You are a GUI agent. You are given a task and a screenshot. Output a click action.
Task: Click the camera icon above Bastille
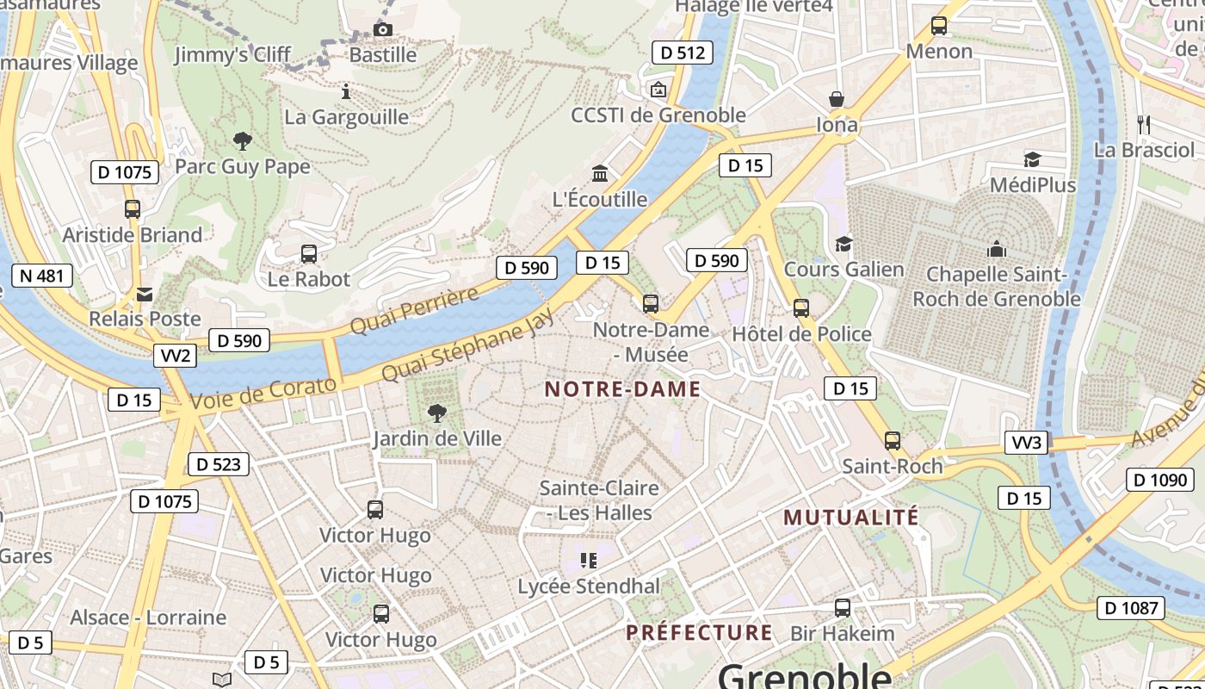tap(383, 30)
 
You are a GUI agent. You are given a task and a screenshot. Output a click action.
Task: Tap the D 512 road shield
tap(683, 53)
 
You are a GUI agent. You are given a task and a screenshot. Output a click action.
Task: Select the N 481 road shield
tap(41, 276)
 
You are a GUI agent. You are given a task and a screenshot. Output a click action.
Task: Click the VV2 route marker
tap(175, 356)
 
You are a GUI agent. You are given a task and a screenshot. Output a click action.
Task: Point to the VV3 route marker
tap(1027, 443)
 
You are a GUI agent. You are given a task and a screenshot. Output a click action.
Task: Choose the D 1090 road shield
tap(1159, 480)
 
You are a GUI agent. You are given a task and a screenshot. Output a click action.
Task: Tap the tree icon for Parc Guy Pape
tap(243, 140)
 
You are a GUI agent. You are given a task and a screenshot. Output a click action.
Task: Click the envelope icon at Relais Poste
tap(145, 295)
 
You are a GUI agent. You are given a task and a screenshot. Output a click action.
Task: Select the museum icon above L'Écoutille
tap(600, 174)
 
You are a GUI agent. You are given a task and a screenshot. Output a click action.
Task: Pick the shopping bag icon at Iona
tap(836, 100)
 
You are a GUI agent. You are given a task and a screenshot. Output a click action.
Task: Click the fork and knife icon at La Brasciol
tap(1143, 125)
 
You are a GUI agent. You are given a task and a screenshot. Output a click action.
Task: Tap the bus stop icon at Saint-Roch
tap(893, 441)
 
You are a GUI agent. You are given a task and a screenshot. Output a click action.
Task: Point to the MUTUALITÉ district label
tap(850, 518)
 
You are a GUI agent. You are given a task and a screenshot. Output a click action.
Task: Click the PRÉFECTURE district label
tap(699, 633)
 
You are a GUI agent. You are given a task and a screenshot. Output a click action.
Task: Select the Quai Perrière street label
tap(414, 312)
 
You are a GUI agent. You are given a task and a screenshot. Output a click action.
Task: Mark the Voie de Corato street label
tap(263, 394)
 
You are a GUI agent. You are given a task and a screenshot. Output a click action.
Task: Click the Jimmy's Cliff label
tap(232, 55)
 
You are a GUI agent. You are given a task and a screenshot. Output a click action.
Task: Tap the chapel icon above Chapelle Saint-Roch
tap(997, 249)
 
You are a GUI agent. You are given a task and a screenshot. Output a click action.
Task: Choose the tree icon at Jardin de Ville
tap(437, 413)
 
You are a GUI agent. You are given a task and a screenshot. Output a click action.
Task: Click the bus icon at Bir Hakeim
tap(843, 608)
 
